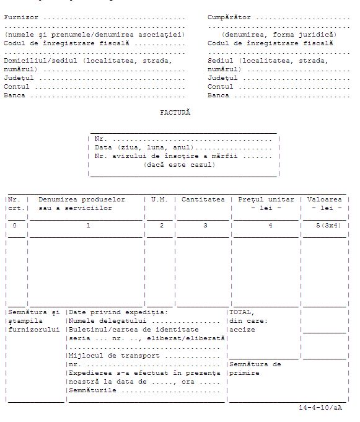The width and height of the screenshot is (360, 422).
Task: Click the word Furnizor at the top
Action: (x=21, y=17)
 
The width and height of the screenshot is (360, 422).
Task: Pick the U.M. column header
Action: (x=159, y=200)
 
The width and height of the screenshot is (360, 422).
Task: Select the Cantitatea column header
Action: (x=203, y=200)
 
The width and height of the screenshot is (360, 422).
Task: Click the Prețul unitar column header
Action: (x=266, y=200)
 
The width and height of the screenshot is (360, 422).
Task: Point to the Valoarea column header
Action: (x=324, y=200)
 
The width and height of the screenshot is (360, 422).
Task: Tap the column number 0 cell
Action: (x=15, y=226)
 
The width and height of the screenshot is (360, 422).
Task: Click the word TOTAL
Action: (x=242, y=312)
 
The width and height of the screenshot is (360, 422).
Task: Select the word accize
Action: (x=242, y=330)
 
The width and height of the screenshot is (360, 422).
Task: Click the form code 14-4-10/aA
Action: (x=319, y=408)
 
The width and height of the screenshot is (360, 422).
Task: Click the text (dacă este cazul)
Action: (x=180, y=165)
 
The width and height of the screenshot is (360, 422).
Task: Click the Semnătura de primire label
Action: (x=255, y=369)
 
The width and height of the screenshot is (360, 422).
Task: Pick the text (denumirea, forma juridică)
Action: (x=279, y=35)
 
